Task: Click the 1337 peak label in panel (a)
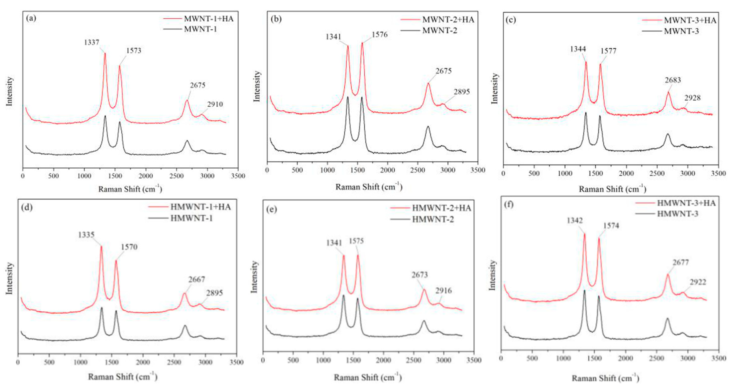pos(92,42)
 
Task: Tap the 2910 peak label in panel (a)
pos(215,104)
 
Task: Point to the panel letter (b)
pos(276,19)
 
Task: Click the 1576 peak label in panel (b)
pos(380,35)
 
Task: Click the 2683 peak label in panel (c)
pos(673,80)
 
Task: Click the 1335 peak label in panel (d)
pos(86,235)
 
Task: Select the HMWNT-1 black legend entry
pos(191,218)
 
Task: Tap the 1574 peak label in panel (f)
pos(611,226)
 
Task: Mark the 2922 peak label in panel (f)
pos(698,282)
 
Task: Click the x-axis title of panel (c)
pos(612,189)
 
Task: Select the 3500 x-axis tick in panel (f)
pos(718,358)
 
